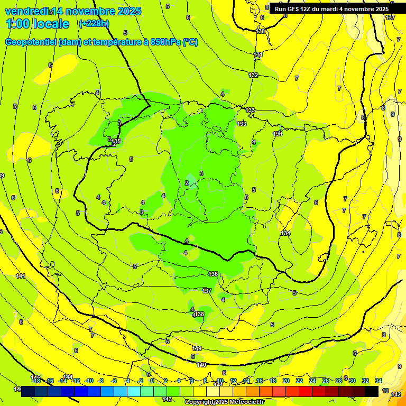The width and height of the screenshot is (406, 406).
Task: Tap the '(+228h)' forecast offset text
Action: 94,23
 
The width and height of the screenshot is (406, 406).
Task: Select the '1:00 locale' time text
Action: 38,24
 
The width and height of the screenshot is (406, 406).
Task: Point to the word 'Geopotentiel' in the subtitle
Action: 31,42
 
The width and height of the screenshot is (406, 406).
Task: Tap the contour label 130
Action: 260,31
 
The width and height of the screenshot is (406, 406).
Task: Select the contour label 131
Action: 258,55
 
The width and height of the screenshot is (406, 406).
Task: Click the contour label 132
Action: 254,75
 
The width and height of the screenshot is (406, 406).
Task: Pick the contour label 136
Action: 214,274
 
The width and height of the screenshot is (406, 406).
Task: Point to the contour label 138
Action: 199,314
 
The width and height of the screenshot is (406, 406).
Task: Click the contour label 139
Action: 197,348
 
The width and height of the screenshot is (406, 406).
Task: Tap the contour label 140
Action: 201,365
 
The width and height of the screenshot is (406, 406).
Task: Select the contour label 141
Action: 21,276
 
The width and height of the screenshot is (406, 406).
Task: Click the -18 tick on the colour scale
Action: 36,381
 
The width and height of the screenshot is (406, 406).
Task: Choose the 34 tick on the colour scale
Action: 379,381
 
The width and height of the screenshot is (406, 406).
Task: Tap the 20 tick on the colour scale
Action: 286,381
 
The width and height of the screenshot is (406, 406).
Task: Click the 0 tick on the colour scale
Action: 152,381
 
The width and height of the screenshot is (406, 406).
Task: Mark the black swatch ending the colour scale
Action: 372,391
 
